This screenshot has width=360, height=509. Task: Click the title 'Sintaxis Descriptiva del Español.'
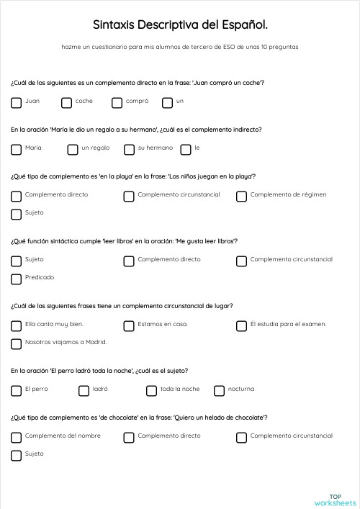pyautogui.click(x=180, y=25)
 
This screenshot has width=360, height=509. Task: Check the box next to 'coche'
pyautogui.click(x=66, y=103)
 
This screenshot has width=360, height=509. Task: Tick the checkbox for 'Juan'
pyautogui.click(x=16, y=103)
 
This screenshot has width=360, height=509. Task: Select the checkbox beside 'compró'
pyautogui.click(x=117, y=103)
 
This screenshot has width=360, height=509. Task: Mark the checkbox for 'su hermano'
pyautogui.click(x=129, y=150)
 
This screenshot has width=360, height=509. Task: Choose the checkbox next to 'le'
pyautogui.click(x=185, y=150)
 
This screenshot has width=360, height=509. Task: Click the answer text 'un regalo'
pyautogui.click(x=95, y=148)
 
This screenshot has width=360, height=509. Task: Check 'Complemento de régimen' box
pyautogui.click(x=241, y=196)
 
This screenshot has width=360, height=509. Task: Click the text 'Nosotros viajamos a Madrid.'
pyautogui.click(x=66, y=342)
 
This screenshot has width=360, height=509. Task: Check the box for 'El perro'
pyautogui.click(x=16, y=391)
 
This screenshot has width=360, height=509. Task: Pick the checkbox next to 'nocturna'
pyautogui.click(x=219, y=391)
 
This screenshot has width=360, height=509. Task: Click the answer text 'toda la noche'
pyautogui.click(x=180, y=389)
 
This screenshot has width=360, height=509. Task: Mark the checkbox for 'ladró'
pyautogui.click(x=84, y=391)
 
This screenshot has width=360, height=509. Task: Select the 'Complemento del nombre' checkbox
pyautogui.click(x=16, y=437)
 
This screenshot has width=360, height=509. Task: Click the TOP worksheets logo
pyautogui.click(x=335, y=500)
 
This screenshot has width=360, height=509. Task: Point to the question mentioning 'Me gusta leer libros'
pyautogui.click(x=124, y=240)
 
